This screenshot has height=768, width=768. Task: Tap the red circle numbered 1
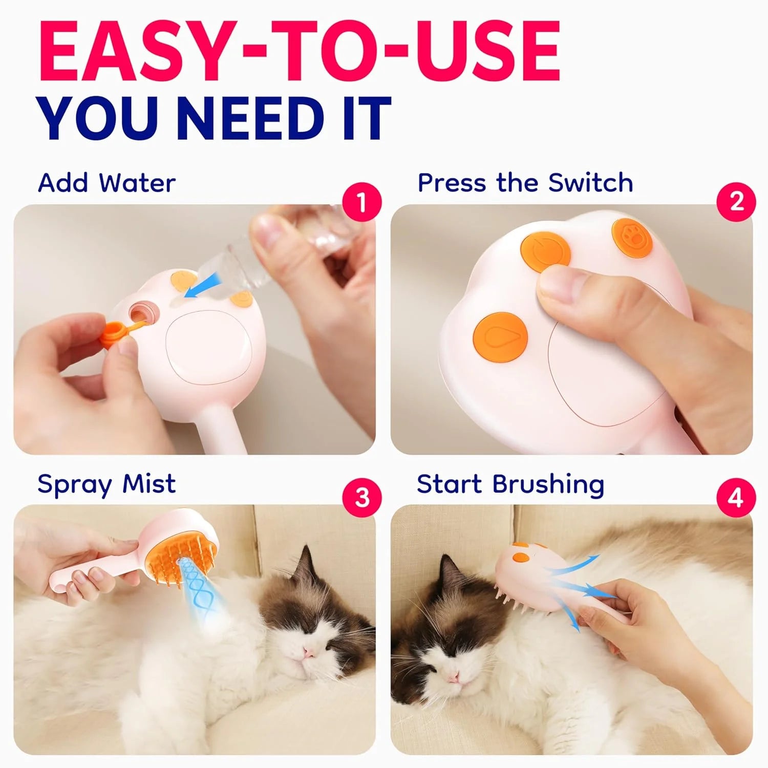coord(362,202)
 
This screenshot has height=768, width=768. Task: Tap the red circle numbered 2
coord(736,202)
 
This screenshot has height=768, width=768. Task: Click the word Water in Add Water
coord(137,183)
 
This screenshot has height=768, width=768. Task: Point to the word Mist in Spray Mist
coord(149,484)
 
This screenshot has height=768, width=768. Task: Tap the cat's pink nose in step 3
coord(309,652)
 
